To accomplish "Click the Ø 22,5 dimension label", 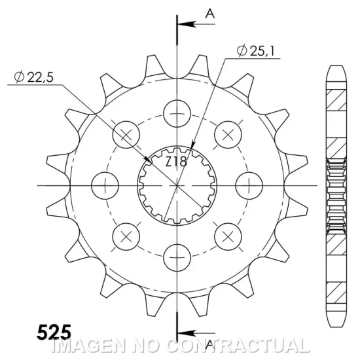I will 37,79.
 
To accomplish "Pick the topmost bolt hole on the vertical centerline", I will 177,112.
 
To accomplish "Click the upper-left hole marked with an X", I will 126,134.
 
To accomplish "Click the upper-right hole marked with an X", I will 227,134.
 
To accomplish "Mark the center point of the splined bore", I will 177,185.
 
